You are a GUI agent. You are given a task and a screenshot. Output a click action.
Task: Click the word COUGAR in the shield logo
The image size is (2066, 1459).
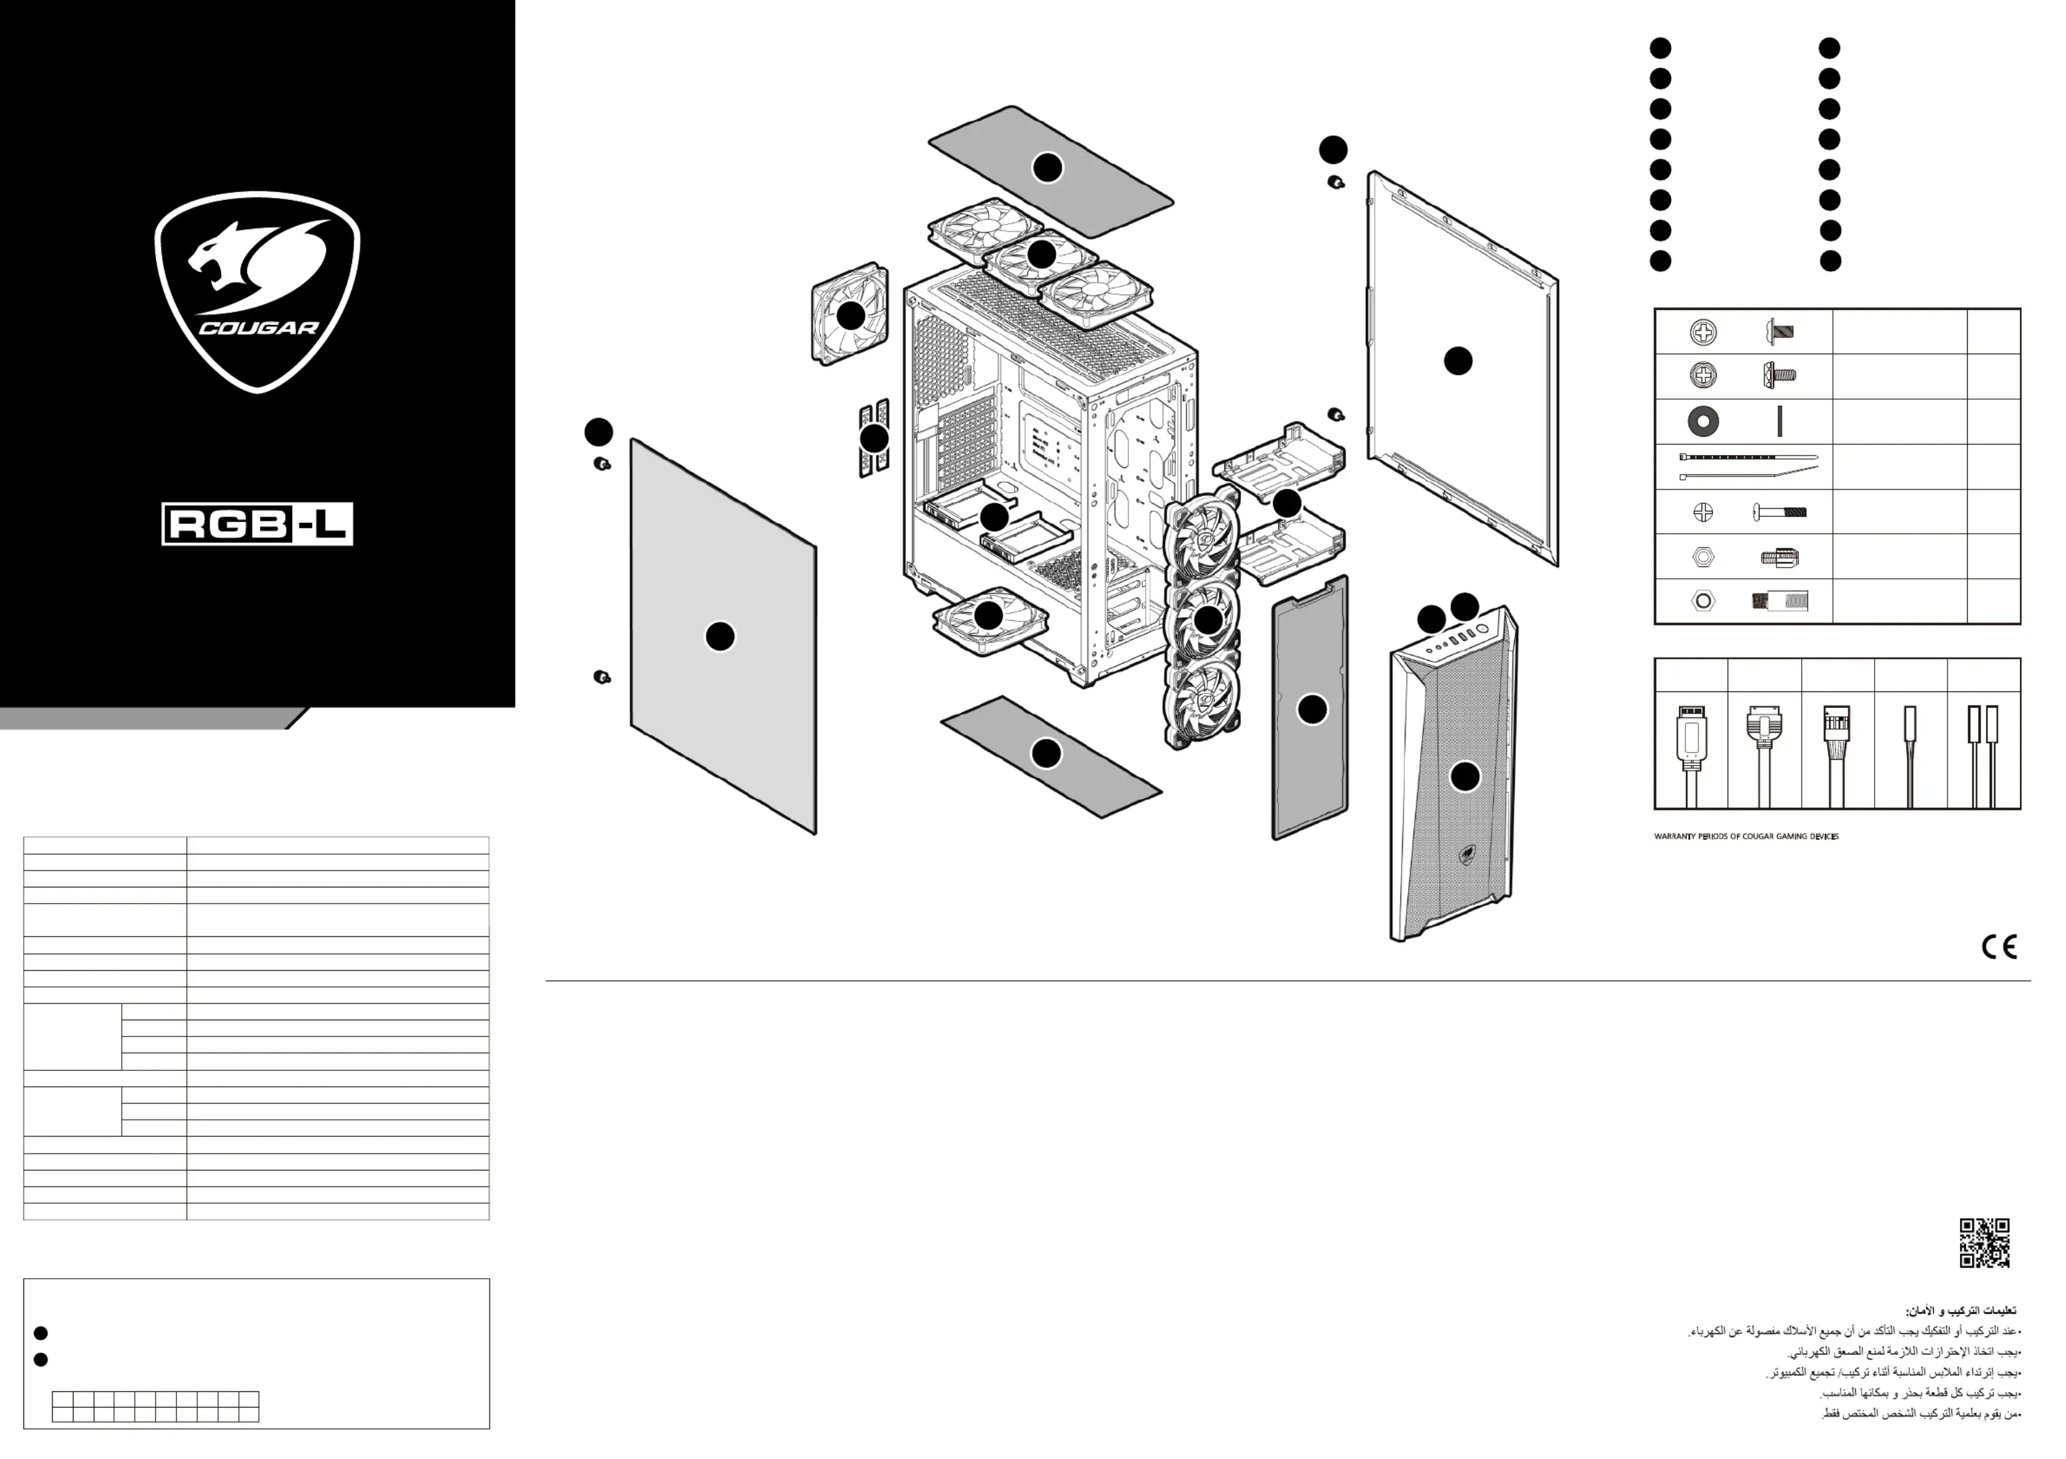click(258, 327)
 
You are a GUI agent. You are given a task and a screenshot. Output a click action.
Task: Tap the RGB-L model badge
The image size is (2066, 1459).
click(257, 524)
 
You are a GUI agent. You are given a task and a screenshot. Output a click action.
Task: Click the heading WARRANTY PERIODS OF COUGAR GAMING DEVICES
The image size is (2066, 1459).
click(1746, 836)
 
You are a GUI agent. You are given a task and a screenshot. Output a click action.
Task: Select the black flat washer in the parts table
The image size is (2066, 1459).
click(1702, 421)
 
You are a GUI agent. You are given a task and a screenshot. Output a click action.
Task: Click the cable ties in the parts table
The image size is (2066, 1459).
click(1747, 466)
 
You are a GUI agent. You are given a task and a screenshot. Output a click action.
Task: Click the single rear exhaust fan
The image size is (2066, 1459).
click(849, 314)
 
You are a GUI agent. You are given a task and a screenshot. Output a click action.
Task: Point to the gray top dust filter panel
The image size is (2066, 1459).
click(1050, 169)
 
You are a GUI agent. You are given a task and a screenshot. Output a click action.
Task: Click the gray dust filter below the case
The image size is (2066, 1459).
click(1050, 756)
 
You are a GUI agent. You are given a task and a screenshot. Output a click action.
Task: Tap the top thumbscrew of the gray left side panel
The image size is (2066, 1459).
click(602, 464)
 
